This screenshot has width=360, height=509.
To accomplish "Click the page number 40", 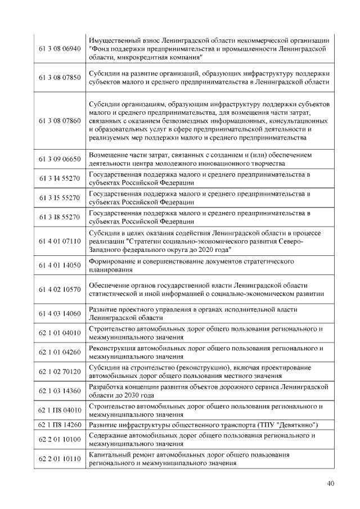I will [x=330, y=484].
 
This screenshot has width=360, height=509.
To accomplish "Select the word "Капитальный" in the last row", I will [x=110, y=454].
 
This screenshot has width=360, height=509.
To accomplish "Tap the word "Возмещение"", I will [x=110, y=155].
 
